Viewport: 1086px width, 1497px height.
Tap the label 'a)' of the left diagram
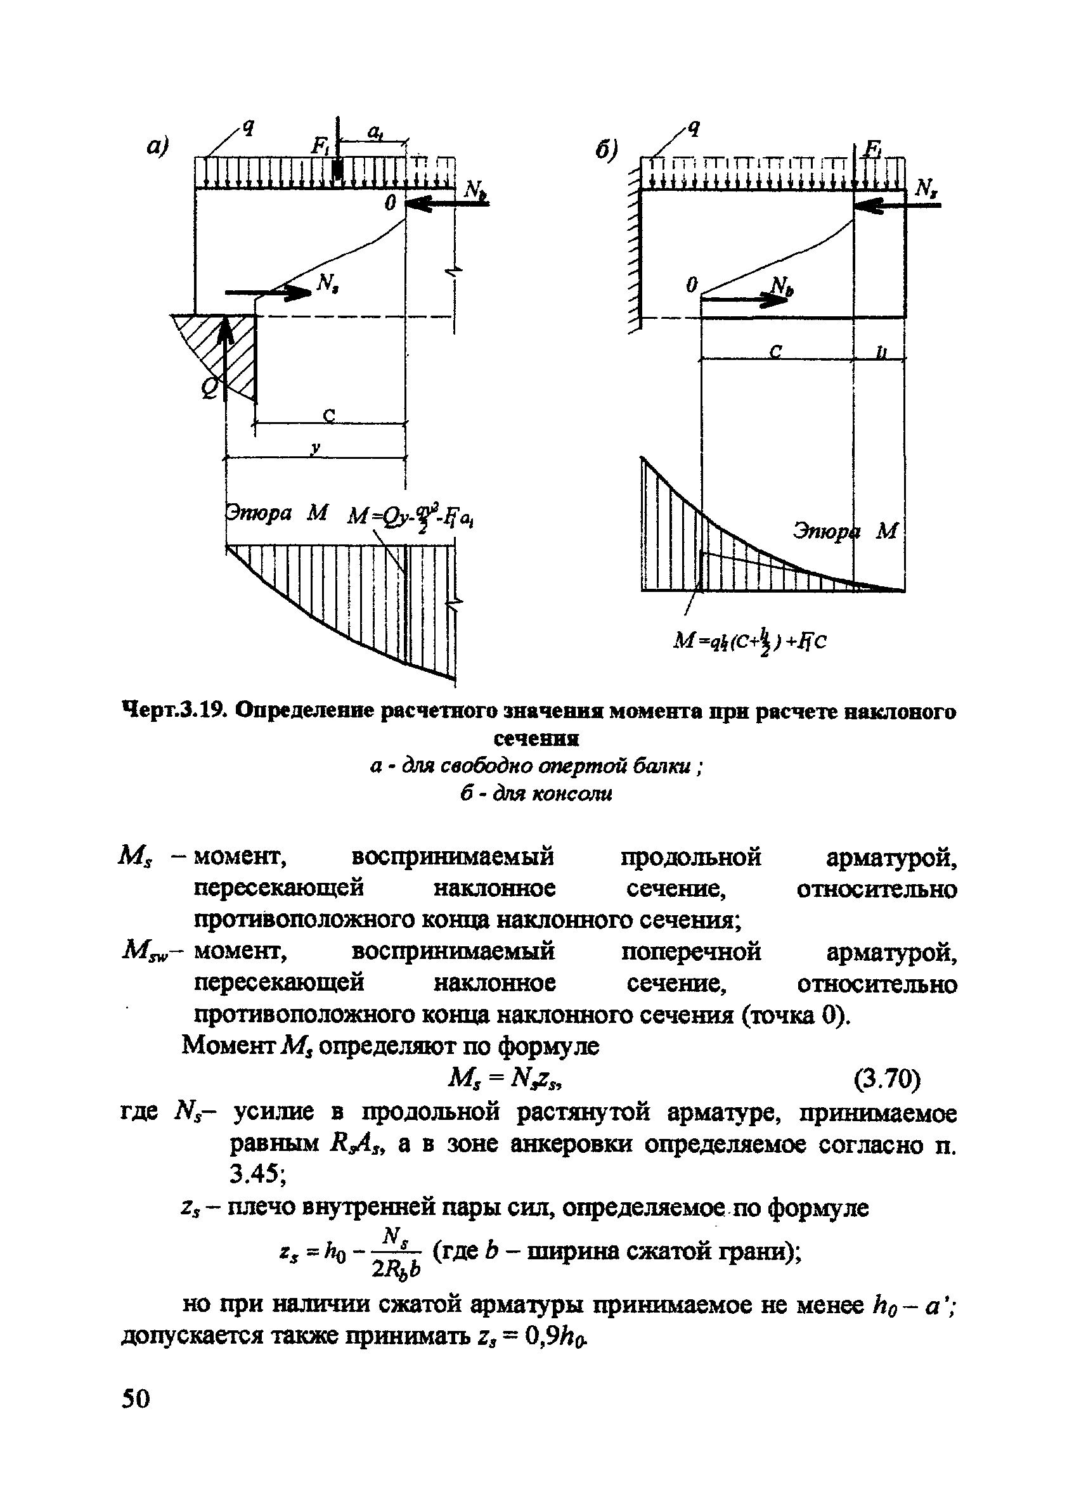158,145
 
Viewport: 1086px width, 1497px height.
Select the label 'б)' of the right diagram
606,150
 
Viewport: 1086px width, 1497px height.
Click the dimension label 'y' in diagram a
316,447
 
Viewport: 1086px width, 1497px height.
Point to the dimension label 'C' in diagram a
328,414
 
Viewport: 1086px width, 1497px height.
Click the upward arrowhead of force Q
226,327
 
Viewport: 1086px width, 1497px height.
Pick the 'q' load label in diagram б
693,128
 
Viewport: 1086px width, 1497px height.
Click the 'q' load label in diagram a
249,125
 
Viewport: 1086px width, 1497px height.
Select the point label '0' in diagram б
691,285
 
